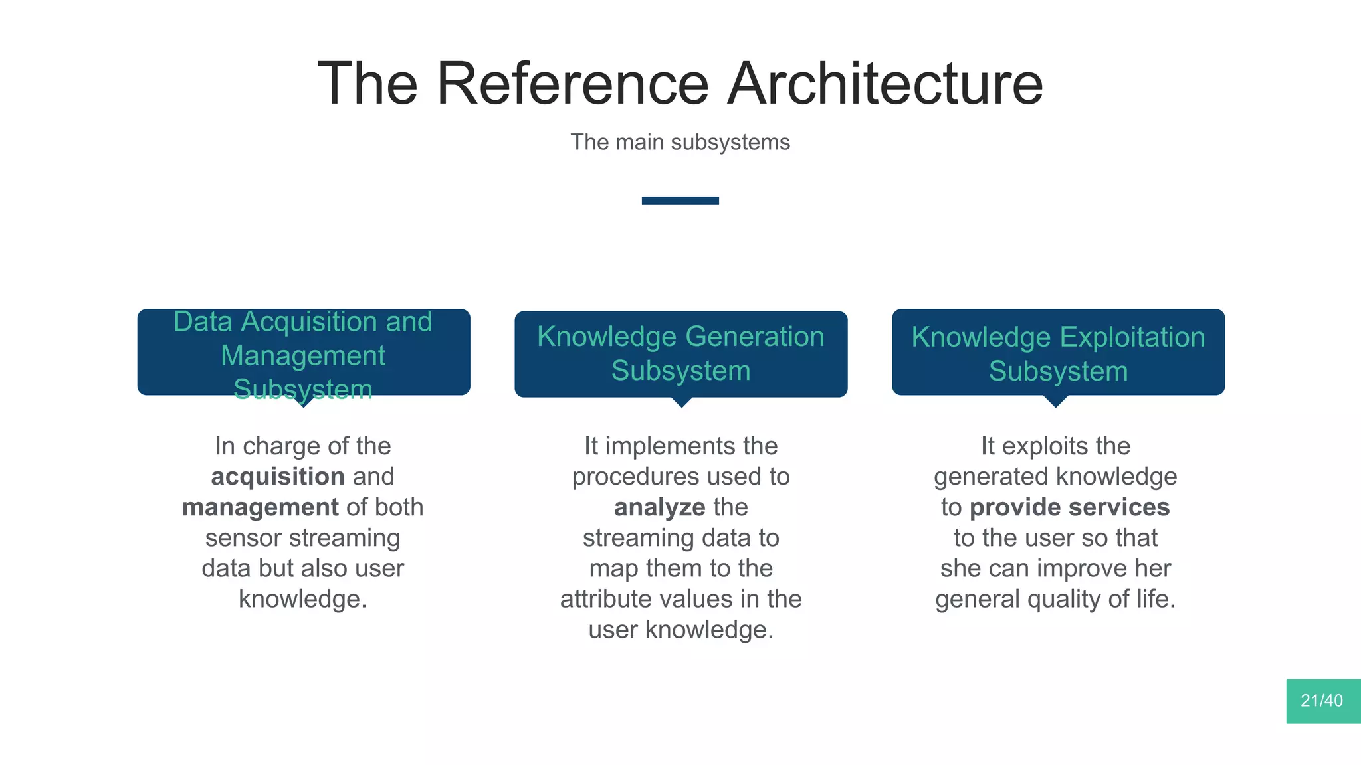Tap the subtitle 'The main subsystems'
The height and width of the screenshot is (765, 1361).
680,142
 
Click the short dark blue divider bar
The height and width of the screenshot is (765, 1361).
680,201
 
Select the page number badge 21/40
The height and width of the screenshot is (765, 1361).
1322,701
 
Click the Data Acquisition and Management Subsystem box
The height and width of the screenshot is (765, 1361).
304,352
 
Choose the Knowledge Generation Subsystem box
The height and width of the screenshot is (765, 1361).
680,354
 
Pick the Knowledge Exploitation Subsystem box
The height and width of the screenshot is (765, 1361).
1058,352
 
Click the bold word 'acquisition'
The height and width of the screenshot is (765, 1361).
278,477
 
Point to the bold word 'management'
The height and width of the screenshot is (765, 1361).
260,507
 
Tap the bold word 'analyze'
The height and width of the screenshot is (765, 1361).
659,507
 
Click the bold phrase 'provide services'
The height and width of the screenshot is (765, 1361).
1069,507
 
